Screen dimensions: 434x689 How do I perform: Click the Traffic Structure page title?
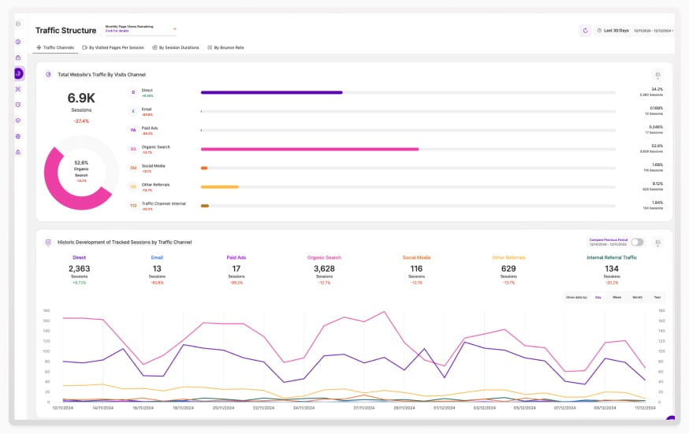65,31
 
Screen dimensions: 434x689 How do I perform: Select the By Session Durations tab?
178,47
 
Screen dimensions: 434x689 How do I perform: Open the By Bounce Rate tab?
228,47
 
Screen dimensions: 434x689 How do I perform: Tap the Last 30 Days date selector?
616,31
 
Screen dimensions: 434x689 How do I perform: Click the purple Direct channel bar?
271,92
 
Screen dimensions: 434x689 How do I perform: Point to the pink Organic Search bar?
309,149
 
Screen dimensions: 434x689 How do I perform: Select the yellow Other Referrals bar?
219,187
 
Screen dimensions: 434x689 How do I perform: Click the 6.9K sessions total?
81,98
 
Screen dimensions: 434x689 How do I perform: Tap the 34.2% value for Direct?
656,90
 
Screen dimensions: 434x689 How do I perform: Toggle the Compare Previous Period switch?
637,242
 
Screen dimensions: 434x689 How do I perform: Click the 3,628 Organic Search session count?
324,269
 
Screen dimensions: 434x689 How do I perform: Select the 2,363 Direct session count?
79,269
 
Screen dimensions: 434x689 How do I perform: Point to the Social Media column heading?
416,258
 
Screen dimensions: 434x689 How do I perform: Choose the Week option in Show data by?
616,297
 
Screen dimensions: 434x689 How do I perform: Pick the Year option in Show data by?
656,297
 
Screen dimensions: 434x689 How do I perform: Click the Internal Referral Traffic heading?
611,258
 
